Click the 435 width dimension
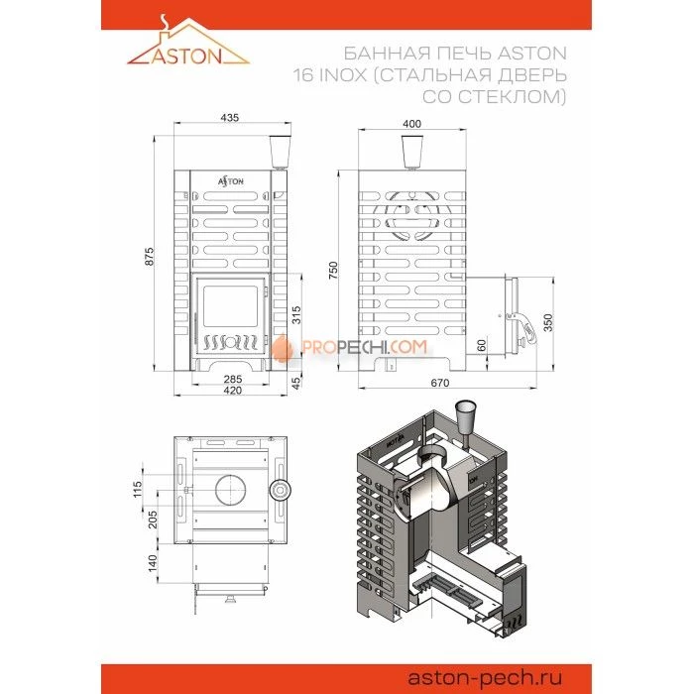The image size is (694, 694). click(x=229, y=117)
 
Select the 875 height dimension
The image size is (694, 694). click(x=150, y=257)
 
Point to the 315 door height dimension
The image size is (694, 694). click(x=296, y=314)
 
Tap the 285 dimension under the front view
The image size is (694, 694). click(x=233, y=379)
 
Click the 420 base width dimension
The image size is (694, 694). click(x=233, y=391)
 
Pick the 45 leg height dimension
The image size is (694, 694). click(x=296, y=382)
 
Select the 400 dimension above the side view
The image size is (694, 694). click(x=411, y=124)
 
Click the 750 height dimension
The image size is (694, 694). click(x=333, y=270)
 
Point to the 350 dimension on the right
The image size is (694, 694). click(x=548, y=322)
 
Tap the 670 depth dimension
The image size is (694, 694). click(x=440, y=383)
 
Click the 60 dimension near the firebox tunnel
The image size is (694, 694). click(x=482, y=346)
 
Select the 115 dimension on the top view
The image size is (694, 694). click(x=137, y=489)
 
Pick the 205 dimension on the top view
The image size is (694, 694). click(x=153, y=520)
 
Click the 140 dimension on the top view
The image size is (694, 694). click(x=153, y=563)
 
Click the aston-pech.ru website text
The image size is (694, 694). click(x=485, y=677)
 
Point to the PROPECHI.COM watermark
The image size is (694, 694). click(x=350, y=347)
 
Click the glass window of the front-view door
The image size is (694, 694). click(x=230, y=306)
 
